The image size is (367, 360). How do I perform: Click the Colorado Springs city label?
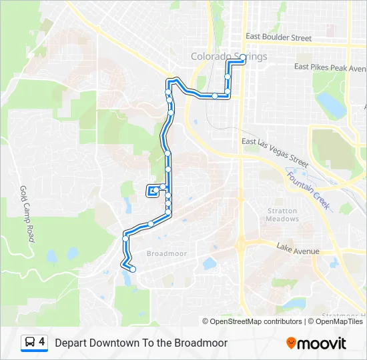[229, 57]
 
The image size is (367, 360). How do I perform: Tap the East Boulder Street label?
[278, 38]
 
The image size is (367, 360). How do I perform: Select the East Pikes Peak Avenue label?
[330, 67]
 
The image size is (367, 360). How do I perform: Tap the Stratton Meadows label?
[282, 215]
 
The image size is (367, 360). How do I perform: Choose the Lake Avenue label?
[298, 251]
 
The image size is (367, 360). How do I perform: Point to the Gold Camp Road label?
[27, 213]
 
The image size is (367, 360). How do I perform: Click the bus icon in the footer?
[30, 343]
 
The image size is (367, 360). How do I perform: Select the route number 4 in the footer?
[42, 343]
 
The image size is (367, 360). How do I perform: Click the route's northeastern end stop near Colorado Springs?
[242, 60]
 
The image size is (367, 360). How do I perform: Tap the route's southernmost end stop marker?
[133, 269]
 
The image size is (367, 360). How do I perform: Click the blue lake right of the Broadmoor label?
[210, 263]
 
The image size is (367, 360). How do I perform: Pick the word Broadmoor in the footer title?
[201, 343]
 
